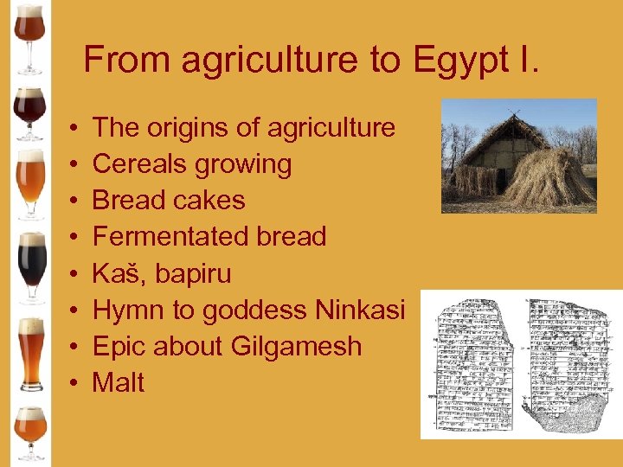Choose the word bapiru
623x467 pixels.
point(194,274)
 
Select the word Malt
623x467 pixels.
point(119,382)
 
